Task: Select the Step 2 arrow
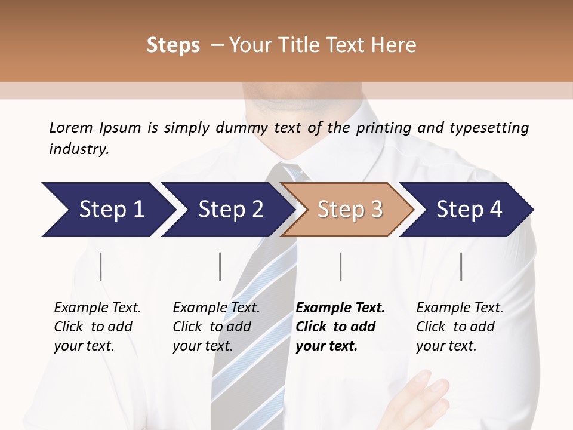(227, 210)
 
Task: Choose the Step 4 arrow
(468, 210)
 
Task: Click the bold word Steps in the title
(173, 45)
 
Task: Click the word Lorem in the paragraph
(71, 127)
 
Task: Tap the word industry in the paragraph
(79, 149)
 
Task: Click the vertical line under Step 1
(101, 266)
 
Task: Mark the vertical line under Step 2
(220, 266)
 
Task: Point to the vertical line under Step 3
(341, 266)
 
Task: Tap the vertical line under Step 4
(461, 266)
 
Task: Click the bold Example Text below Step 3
(340, 308)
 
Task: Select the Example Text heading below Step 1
(97, 308)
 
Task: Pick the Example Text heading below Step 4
(460, 308)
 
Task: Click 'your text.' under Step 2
(202, 346)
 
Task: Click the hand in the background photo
(421, 400)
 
